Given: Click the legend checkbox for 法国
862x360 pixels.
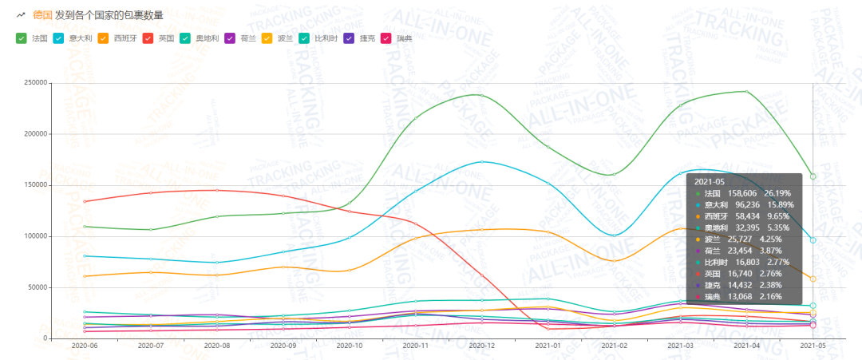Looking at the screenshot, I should pyautogui.click(x=22, y=38).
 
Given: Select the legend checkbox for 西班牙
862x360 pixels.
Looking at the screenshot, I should pyautogui.click(x=104, y=38).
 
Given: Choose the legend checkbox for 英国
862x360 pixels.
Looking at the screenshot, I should pyautogui.click(x=148, y=38).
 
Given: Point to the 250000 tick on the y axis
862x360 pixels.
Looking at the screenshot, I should pyautogui.click(x=37, y=82).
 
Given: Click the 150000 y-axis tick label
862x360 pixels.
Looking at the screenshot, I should pyautogui.click(x=37, y=185).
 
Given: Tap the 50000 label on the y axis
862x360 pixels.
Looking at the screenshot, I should pyautogui.click(x=38, y=287).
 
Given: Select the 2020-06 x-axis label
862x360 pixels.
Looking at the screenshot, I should pyautogui.click(x=84, y=346).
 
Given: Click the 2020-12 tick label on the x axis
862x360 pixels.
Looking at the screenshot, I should pyautogui.click(x=481, y=346).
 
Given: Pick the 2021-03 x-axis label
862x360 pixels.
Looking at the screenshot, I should pyautogui.click(x=680, y=346).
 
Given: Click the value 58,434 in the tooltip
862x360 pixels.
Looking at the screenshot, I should pyautogui.click(x=745, y=216).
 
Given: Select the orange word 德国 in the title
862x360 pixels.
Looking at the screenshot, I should pyautogui.click(x=42, y=14).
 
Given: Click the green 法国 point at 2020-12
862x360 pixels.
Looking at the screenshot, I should pyautogui.click(x=481, y=95).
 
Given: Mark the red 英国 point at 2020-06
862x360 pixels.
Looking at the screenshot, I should pyautogui.click(x=84, y=201).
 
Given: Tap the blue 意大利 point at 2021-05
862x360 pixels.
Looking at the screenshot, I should pyautogui.click(x=813, y=240).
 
